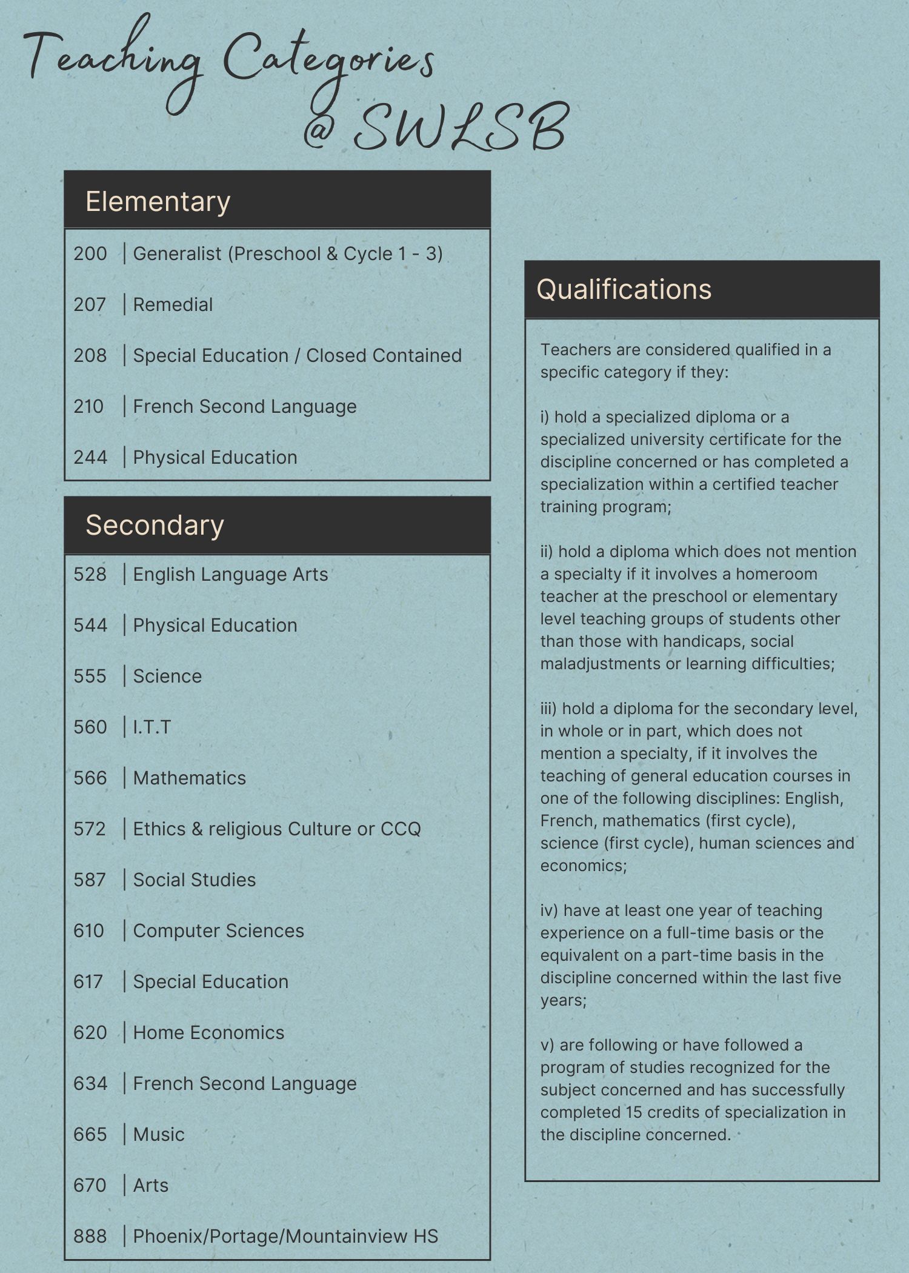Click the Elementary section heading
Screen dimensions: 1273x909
[x=158, y=202]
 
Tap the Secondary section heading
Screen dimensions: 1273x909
[x=155, y=525]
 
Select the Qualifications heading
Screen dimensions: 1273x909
[x=624, y=289]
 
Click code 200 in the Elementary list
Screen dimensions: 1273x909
[x=90, y=253]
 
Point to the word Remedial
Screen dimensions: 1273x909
[x=173, y=304]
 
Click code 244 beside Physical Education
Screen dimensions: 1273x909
[x=90, y=457]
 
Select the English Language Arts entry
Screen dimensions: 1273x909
[x=230, y=574]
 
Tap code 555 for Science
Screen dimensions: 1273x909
[x=90, y=676]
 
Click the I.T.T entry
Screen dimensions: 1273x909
[x=152, y=727]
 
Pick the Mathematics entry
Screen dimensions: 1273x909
[x=189, y=778]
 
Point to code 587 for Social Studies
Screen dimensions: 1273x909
[x=90, y=880]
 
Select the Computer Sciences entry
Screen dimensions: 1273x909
[x=218, y=931]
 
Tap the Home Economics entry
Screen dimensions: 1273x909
[x=208, y=1032]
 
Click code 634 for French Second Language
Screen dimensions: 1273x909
[x=90, y=1083]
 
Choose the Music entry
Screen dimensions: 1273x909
[x=159, y=1134]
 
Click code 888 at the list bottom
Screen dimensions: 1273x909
[x=90, y=1236]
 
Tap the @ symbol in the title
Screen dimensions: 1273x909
[x=319, y=130]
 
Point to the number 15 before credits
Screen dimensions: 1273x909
[x=634, y=1112]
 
